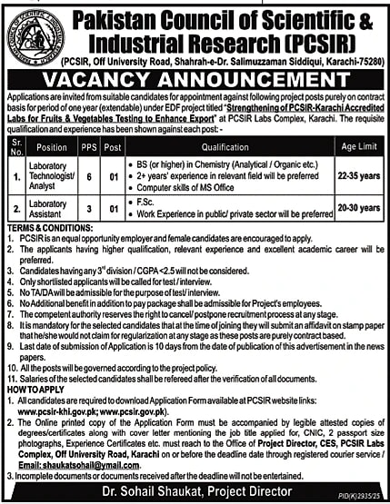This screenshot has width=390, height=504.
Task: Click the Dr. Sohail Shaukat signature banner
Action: tap(195, 489)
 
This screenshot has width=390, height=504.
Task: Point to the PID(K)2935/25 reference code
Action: tap(365, 499)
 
